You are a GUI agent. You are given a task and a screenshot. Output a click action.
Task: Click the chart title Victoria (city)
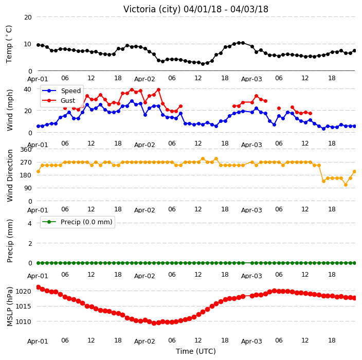pos(152,9)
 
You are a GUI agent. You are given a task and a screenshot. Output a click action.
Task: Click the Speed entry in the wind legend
pos(70,91)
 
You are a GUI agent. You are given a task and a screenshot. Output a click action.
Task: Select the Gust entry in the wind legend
pos(68,101)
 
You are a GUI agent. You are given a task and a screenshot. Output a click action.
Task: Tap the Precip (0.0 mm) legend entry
pos(86,222)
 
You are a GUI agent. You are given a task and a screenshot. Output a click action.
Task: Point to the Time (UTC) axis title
pos(196,351)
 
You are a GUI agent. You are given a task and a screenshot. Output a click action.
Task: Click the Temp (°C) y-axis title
pos(9,44)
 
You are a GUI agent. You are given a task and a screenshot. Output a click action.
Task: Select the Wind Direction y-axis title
pos(10,175)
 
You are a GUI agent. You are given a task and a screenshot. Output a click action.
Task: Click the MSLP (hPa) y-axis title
pos(10,306)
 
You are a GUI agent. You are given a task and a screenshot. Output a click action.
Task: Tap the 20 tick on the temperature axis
pos(28,17)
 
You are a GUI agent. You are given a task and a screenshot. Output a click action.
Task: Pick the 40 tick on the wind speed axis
pos(27,89)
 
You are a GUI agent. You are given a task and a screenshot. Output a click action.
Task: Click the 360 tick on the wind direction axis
pos(26,150)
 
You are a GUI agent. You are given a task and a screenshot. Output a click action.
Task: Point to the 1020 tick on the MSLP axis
pos(23,291)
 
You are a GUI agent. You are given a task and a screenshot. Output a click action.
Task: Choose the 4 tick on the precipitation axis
pos(30,223)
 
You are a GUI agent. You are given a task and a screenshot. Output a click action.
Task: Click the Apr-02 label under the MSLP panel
pos(144,341)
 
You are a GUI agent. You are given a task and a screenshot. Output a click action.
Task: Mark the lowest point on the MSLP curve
pos(154,323)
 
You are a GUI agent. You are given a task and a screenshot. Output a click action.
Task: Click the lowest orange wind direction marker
pos(346,185)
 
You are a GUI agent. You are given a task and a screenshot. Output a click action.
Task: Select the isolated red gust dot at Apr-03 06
pos(279,109)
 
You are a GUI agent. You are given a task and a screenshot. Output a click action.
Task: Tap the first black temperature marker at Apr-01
pos(39,45)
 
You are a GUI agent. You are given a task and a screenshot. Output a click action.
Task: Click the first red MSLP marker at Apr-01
pos(39,287)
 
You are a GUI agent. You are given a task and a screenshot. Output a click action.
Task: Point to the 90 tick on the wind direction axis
pos(28,188)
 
